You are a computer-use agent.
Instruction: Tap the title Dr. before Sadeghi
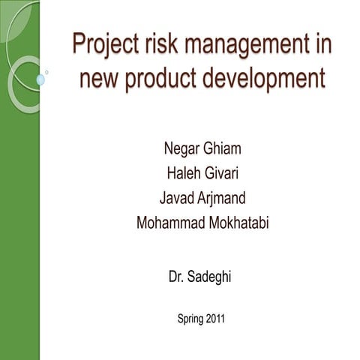coord(177,277)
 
